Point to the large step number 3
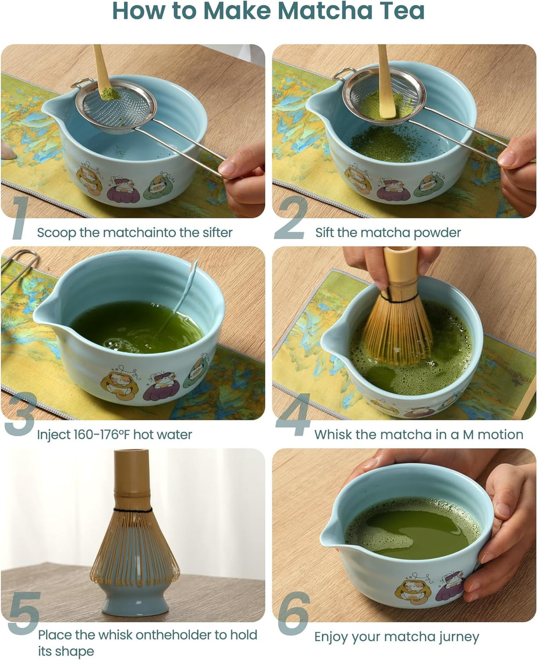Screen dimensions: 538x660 (19, 414)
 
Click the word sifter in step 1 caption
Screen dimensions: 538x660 (217, 233)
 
